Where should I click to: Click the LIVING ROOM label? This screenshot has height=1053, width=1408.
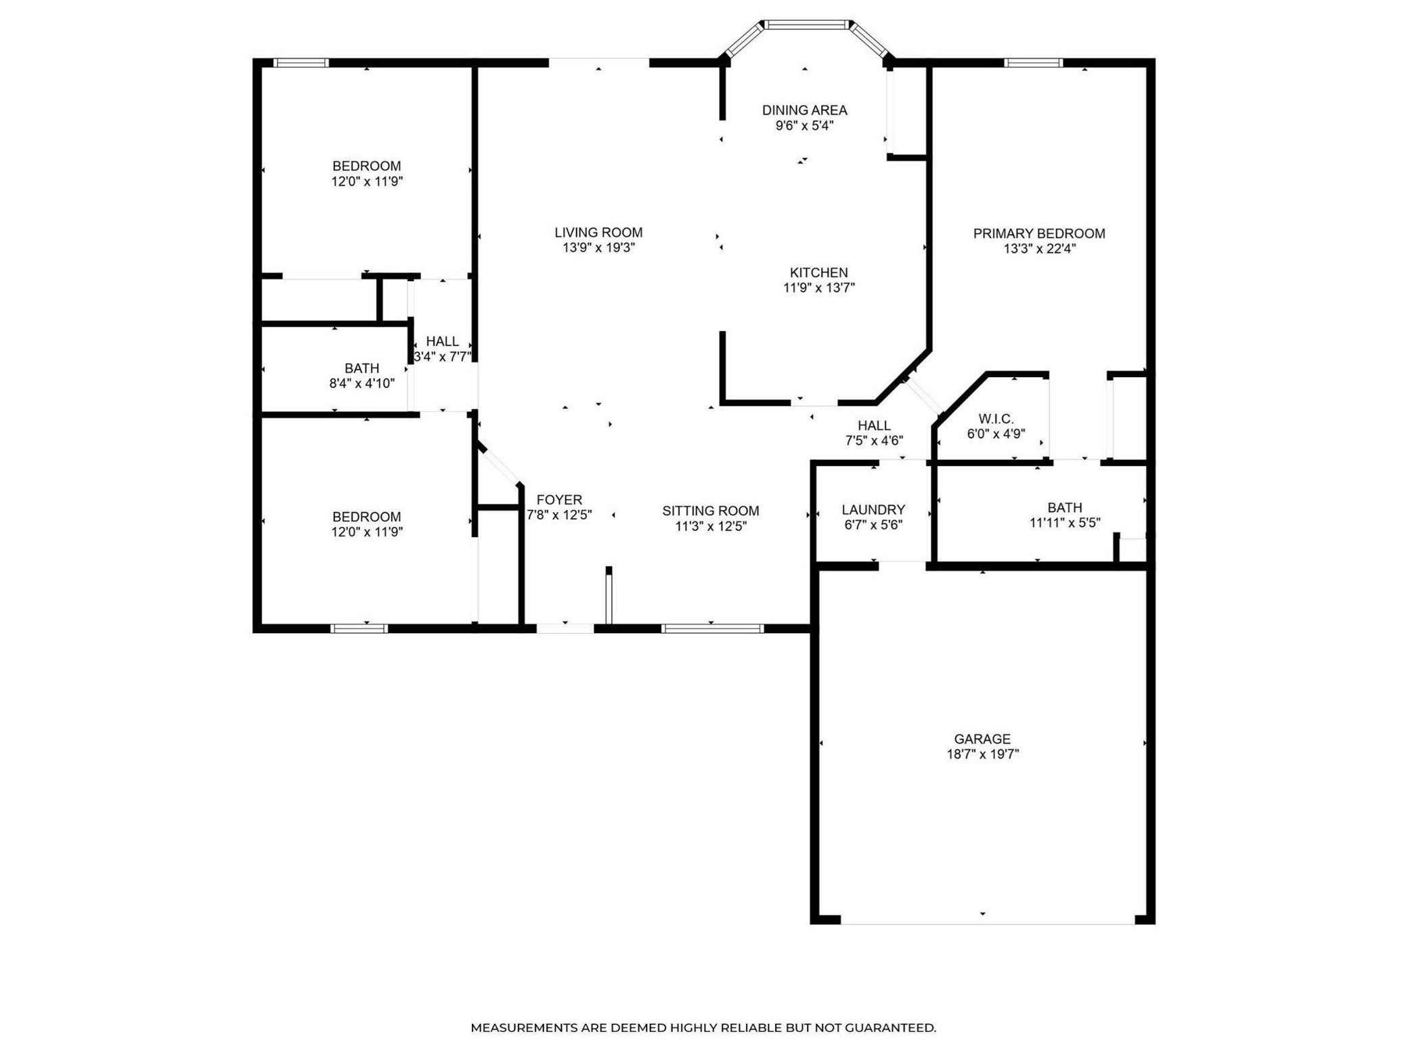tap(598, 233)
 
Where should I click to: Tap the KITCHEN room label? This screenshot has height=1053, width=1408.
tap(818, 272)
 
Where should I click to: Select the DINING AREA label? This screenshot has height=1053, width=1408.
tap(804, 110)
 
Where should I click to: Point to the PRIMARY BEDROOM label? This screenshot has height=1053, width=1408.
tap(1039, 234)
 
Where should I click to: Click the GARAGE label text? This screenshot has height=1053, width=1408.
tap(982, 739)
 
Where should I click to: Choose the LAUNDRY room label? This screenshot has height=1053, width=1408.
tap(873, 509)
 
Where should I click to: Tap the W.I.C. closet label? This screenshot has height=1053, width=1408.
tap(996, 419)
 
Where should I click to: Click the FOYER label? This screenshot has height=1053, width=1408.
tap(559, 500)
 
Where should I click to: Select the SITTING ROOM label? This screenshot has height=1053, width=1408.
tap(711, 511)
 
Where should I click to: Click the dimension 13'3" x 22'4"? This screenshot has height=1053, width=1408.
tap(1039, 249)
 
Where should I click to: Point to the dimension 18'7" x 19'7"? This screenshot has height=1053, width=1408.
tap(982, 754)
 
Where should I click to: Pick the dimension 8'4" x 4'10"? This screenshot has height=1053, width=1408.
tap(361, 383)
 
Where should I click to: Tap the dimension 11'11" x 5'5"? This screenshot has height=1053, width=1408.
tap(1065, 522)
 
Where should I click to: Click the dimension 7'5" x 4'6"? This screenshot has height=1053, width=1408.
tap(874, 440)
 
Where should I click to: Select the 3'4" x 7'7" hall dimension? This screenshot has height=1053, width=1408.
tap(442, 356)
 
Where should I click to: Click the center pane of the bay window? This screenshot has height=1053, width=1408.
tap(806, 25)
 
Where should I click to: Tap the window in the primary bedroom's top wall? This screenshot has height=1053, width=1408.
tap(1033, 63)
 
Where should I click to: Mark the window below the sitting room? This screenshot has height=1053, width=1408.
tap(712, 628)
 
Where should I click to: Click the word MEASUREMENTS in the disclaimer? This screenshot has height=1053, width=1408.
tap(525, 1027)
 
